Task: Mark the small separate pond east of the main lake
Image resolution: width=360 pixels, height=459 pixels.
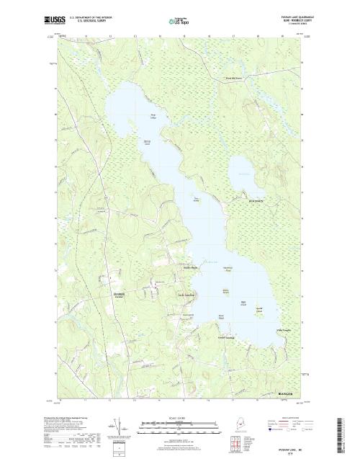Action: click(x=242, y=170)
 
